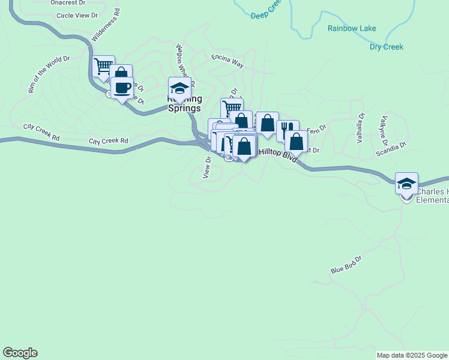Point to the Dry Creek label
(386, 47)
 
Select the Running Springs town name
(184, 104)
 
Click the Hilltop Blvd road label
(277, 153)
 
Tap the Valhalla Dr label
(361, 127)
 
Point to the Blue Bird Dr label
(346, 266)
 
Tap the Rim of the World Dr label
(49, 74)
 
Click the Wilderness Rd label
(105, 25)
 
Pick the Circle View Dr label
(77, 15)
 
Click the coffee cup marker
(122, 88)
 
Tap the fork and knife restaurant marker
(288, 130)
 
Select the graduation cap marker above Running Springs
(179, 88)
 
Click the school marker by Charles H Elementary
(406, 184)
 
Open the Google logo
(20, 353)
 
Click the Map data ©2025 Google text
(411, 355)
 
